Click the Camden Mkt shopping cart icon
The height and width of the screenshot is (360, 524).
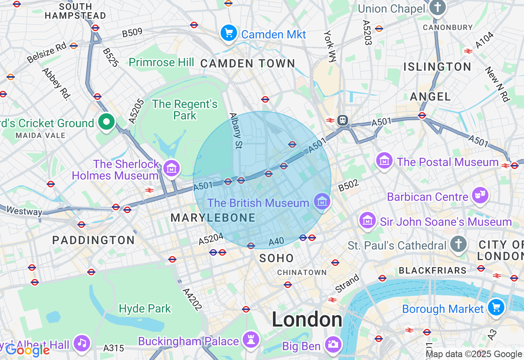point(229,34)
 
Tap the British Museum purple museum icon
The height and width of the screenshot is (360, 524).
point(322,201)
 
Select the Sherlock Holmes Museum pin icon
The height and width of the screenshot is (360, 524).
point(172,168)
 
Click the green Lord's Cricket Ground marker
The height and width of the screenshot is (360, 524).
point(106,122)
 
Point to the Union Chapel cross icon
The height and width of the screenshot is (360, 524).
point(438,7)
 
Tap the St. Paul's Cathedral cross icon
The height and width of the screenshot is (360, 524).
point(458,244)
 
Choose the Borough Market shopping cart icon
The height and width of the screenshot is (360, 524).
point(496,307)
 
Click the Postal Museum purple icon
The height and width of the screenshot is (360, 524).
point(384,160)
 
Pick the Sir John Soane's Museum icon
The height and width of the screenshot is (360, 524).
point(367,220)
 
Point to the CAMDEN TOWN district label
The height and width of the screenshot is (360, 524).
point(248,63)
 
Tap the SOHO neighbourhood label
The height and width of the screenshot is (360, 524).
point(276,258)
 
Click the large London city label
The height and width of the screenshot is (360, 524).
point(307,319)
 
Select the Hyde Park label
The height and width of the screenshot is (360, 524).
point(145,308)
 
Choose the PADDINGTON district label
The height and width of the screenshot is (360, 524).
point(93,240)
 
